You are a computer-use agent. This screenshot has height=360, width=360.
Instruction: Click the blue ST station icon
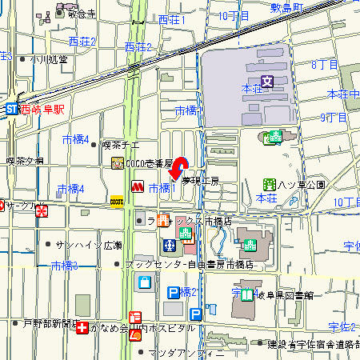click(x=10, y=108)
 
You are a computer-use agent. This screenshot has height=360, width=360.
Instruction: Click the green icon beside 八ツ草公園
click(x=272, y=184)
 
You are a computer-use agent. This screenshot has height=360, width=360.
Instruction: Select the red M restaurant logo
click(x=137, y=186)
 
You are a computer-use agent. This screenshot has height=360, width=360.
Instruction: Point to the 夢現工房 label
click(x=200, y=182)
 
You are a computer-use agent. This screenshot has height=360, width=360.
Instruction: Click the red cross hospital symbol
click(x=82, y=328)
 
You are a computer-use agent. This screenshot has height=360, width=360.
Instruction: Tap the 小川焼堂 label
click(x=49, y=59)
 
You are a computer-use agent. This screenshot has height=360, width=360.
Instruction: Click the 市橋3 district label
click(x=64, y=266)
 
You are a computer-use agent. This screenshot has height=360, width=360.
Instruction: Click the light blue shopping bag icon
click(x=145, y=282)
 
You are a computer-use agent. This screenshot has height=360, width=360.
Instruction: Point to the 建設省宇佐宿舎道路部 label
click(x=313, y=344)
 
